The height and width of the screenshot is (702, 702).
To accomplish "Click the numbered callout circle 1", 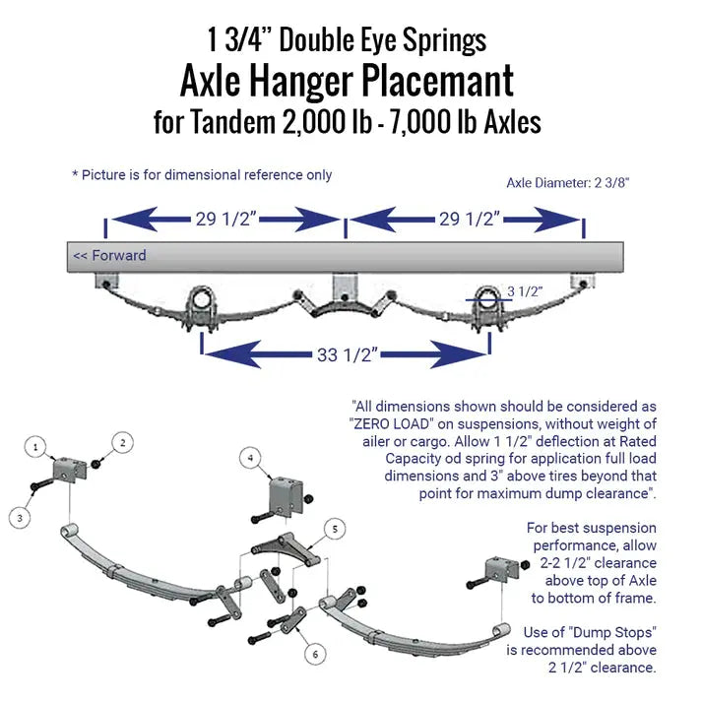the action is (35, 447).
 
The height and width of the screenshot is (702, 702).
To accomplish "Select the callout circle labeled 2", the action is (122, 443).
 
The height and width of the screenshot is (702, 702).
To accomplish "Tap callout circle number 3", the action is (20, 518).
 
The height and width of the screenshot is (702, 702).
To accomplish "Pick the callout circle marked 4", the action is (250, 458).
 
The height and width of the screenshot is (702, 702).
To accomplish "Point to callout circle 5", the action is (335, 529).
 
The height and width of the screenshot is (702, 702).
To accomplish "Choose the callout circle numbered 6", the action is (315, 654).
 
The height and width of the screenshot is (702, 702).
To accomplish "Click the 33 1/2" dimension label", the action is (348, 355).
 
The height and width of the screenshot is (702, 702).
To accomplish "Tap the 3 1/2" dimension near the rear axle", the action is (525, 291).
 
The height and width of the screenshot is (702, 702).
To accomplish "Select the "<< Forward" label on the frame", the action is (109, 256).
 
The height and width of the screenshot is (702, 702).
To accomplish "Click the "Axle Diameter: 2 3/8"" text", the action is (568, 183).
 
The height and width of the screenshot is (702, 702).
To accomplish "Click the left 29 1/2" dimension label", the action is (225, 219).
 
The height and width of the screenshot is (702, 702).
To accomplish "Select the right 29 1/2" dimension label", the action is (470, 219).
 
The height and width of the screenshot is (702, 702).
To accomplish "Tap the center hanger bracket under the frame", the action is (345, 288).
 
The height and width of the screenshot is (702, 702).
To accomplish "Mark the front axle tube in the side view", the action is (203, 297).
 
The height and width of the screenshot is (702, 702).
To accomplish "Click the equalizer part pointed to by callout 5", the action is (286, 548).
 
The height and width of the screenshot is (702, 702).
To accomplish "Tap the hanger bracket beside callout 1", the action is (69, 471).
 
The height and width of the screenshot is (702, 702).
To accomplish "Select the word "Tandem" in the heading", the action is (232, 122).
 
